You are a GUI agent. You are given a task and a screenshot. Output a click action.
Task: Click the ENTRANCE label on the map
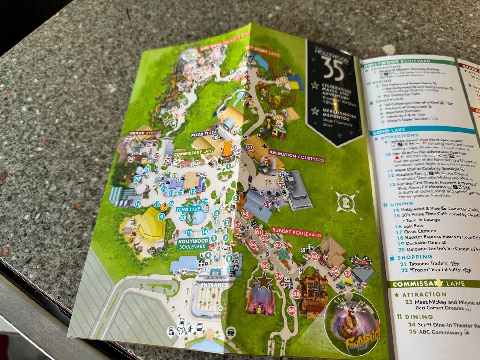click(x=214, y=284)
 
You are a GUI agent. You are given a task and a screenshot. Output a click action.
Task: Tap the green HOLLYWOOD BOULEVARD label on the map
click(x=193, y=244)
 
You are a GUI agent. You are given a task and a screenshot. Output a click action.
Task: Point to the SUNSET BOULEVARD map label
click(x=296, y=233)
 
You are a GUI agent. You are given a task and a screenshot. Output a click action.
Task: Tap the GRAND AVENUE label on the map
click(x=145, y=133)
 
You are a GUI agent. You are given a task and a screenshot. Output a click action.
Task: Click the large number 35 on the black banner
click(x=332, y=68)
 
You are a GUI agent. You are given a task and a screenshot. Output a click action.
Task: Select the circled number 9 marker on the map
click(x=162, y=217)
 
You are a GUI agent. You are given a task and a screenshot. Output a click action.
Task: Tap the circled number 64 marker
click(x=291, y=310)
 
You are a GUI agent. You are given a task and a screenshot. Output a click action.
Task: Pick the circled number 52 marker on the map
click(x=282, y=185)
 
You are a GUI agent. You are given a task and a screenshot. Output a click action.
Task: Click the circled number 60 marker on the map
click(x=265, y=265)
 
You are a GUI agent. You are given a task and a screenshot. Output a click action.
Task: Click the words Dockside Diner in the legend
click(x=423, y=243)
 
